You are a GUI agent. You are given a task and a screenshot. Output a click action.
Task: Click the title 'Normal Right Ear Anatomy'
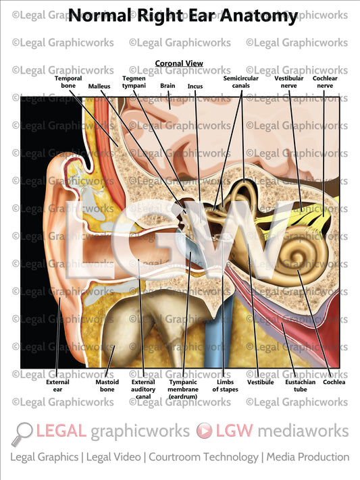click(x=182, y=16)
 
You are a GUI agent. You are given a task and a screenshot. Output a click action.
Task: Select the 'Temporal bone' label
click(x=68, y=82)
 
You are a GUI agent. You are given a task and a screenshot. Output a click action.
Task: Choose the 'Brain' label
click(x=168, y=86)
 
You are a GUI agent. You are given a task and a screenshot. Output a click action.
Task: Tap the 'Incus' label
click(x=195, y=86)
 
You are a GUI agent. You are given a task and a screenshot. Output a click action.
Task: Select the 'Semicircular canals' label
click(x=241, y=82)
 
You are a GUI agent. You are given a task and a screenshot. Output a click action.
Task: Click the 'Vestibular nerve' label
click(x=288, y=82)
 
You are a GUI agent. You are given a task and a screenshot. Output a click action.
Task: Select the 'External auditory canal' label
click(x=143, y=389)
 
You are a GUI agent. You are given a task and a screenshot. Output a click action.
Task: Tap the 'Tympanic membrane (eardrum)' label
click(x=182, y=389)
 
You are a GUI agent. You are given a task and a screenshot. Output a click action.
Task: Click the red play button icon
click(x=204, y=431)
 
